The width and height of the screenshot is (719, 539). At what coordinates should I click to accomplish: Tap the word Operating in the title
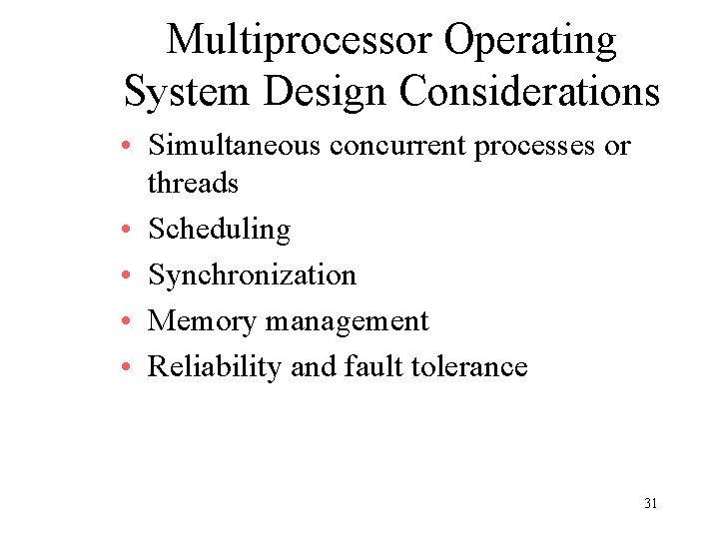click(x=531, y=41)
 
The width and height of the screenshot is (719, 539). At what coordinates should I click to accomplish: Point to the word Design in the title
click(x=326, y=91)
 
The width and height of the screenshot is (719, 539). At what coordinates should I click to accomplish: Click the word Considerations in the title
click(x=529, y=91)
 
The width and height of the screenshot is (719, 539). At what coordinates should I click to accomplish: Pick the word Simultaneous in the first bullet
click(x=235, y=146)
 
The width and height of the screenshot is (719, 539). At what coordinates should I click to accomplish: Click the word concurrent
click(x=397, y=146)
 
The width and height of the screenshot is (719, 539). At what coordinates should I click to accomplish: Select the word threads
click(x=193, y=183)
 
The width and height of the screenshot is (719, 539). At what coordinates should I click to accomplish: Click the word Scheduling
click(x=220, y=230)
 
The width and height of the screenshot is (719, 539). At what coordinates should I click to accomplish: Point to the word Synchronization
click(x=252, y=274)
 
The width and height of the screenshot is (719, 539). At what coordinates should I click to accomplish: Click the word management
click(x=348, y=321)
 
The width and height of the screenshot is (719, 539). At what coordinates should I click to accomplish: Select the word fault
click(x=364, y=366)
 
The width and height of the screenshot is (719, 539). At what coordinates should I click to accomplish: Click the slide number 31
click(x=650, y=504)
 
